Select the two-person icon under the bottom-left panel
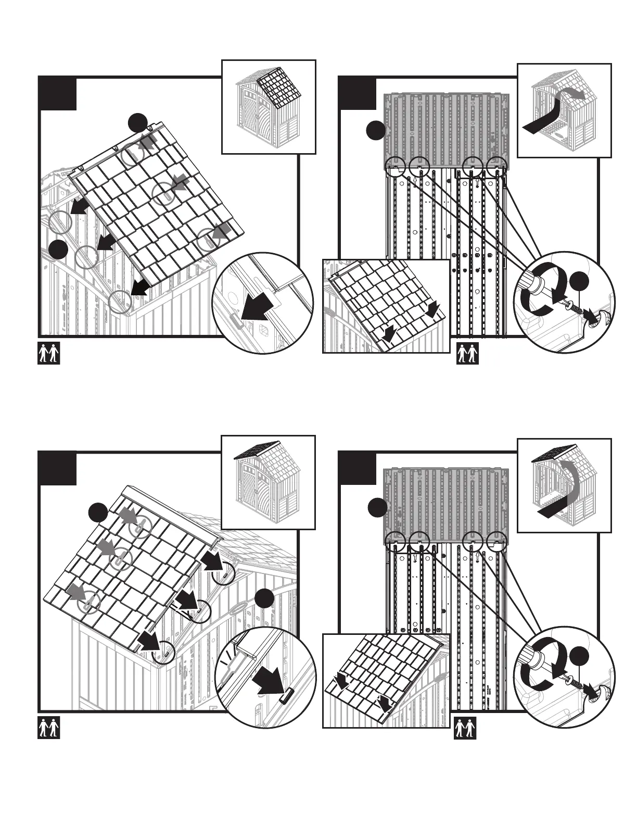(49, 728)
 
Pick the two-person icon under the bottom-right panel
(466, 728)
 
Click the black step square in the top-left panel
(58, 94)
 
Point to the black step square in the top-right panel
(357, 94)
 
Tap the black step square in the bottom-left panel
(58, 469)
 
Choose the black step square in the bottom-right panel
(357, 469)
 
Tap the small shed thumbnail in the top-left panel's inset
(269, 107)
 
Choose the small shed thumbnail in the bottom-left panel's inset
(268, 482)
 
